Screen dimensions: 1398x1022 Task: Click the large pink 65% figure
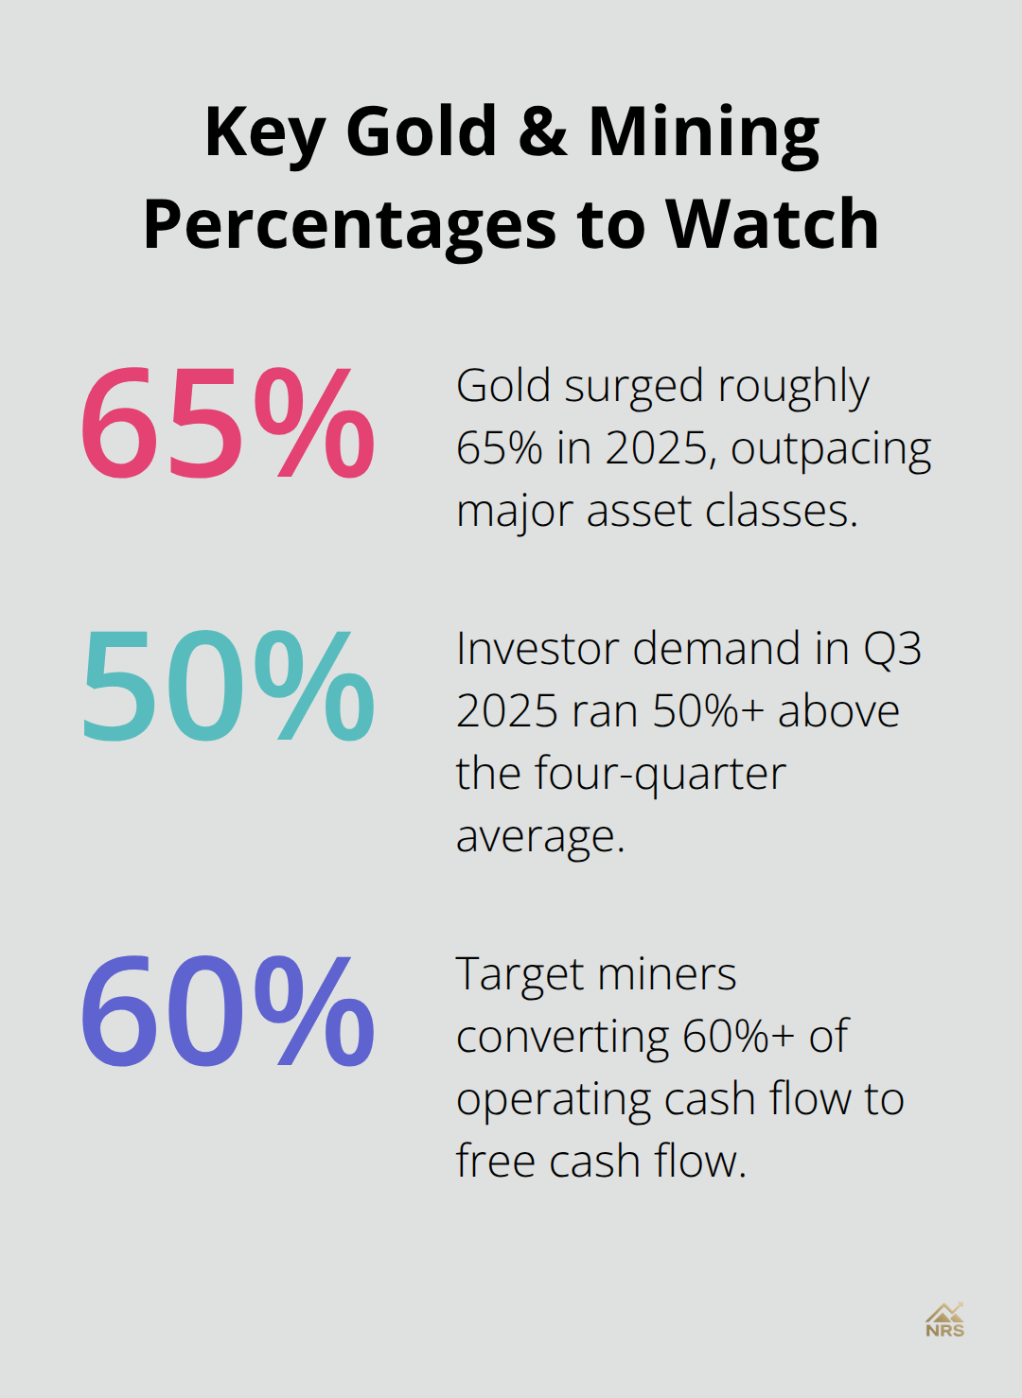pyautogui.click(x=227, y=423)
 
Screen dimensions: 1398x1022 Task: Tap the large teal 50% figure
pyautogui.click(x=227, y=686)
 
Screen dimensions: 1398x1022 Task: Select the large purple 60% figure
pyautogui.click(x=227, y=1011)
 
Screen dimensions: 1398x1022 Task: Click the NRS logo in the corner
pyautogui.click(x=944, y=1320)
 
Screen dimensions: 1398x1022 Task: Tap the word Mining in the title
pyautogui.click(x=703, y=132)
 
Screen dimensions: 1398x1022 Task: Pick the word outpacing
pyautogui.click(x=831, y=449)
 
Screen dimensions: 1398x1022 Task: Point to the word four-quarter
pyautogui.click(x=661, y=775)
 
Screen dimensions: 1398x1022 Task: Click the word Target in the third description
pyautogui.click(x=520, y=975)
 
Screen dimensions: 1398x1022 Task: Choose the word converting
pyautogui.click(x=562, y=1038)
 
